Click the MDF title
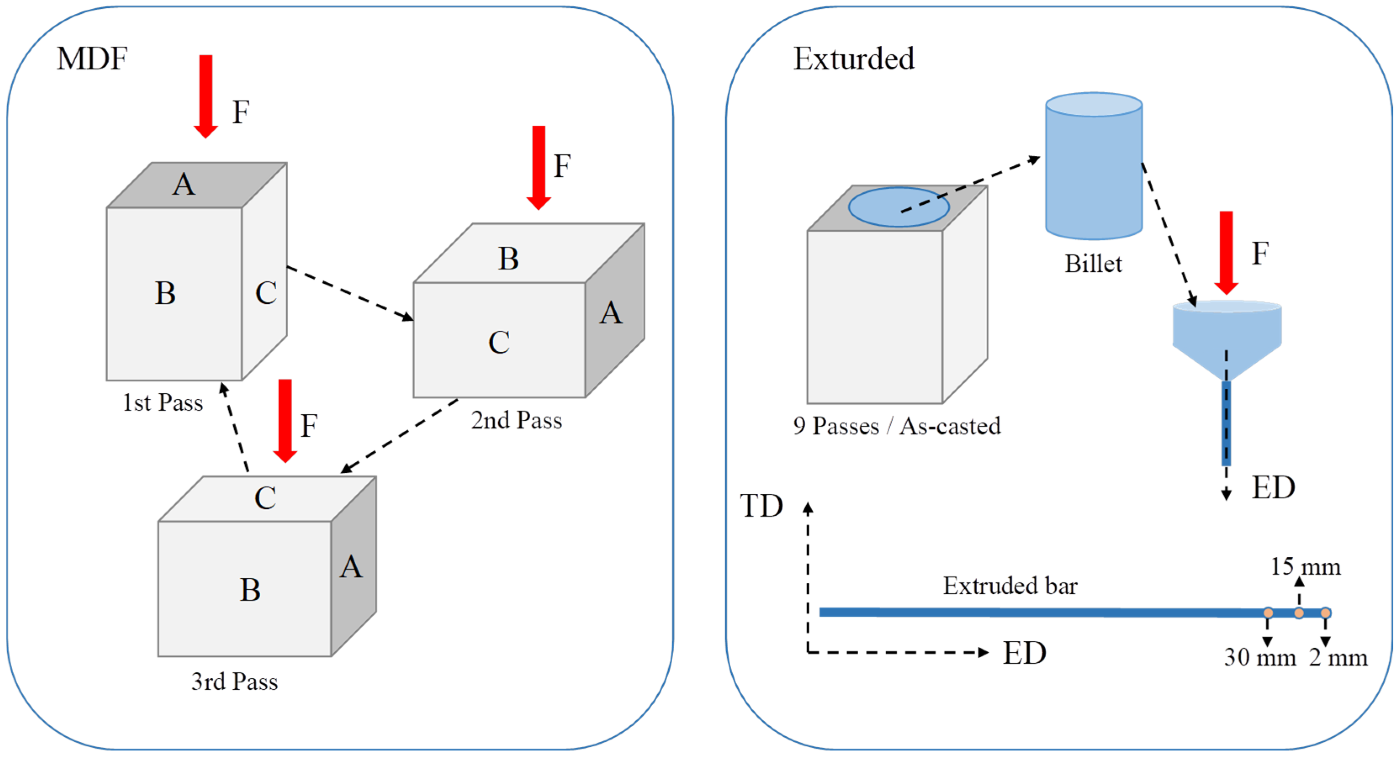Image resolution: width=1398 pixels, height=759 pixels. tap(92, 58)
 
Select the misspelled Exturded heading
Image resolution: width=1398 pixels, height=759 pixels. tap(854, 58)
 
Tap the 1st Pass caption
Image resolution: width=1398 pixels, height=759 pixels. tap(163, 403)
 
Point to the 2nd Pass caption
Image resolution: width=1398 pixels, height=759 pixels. tap(516, 420)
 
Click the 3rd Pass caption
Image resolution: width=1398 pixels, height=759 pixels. tap(235, 681)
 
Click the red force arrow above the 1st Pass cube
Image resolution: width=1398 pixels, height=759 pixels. tap(206, 97)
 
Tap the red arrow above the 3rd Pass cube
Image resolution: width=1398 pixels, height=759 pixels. tap(285, 421)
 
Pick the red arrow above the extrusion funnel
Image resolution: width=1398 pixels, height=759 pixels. tap(1226, 253)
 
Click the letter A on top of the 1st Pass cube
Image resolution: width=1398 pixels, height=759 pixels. tap(184, 184)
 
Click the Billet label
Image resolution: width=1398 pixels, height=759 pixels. tap(1093, 264)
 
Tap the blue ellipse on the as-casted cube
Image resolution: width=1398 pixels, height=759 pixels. tap(899, 207)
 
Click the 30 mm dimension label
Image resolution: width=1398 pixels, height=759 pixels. tap(1260, 658)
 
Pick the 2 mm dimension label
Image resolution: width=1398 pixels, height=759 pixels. tap(1338, 658)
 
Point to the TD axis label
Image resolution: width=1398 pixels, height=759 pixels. tap(761, 506)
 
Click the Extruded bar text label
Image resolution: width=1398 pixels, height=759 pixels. tap(1010, 585)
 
